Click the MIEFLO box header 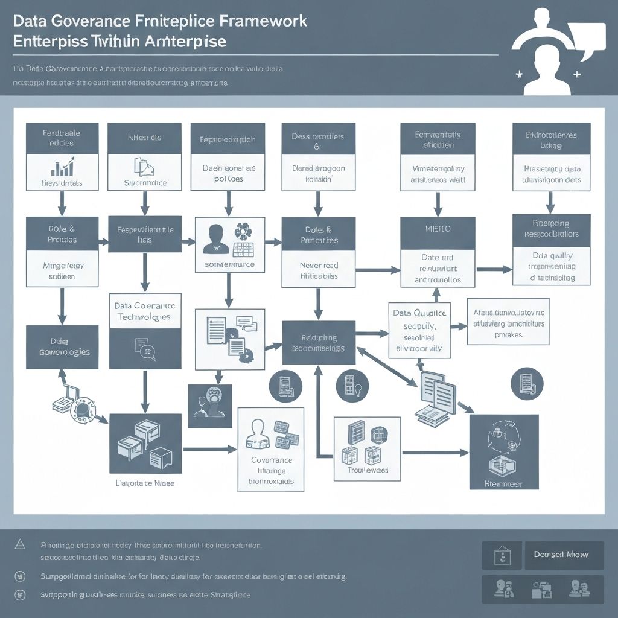tap(438, 230)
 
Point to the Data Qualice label tap(419, 313)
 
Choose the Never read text tap(319, 265)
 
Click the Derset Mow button tap(561, 554)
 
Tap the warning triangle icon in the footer tap(20, 544)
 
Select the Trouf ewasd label tap(368, 470)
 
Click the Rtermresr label tap(503, 483)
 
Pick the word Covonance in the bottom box tap(271, 460)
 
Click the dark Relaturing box tap(319, 343)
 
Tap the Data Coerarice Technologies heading tap(145, 311)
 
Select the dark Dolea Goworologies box tap(62, 346)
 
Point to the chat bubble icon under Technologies tap(143, 348)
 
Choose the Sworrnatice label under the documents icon tap(145, 182)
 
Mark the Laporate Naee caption tap(144, 483)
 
